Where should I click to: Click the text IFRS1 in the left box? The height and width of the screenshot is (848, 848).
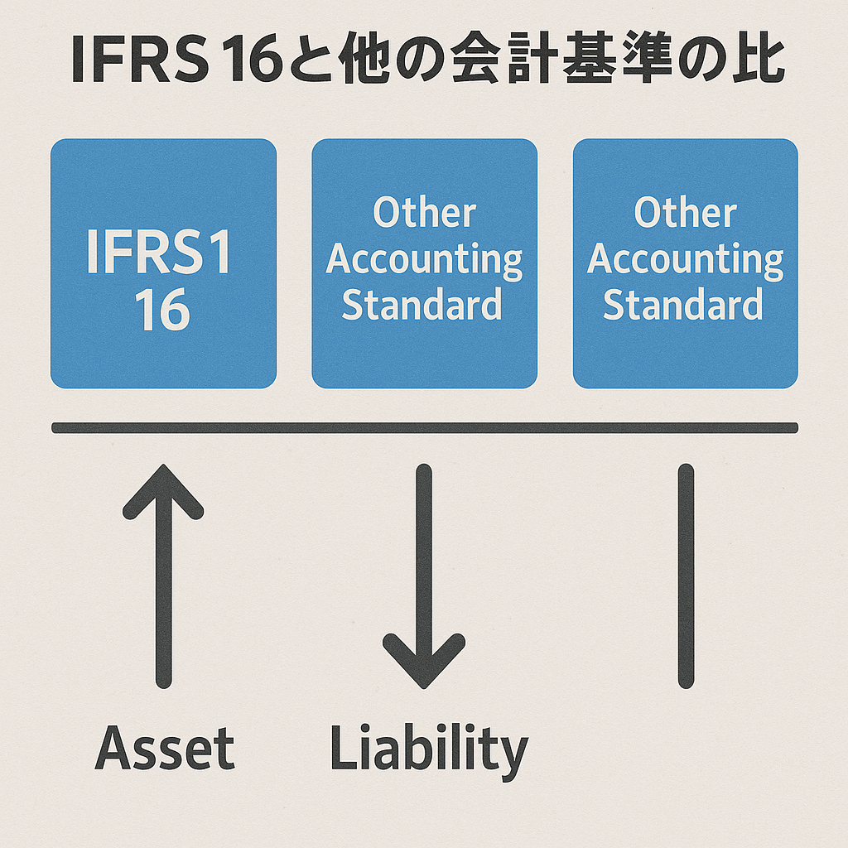160,254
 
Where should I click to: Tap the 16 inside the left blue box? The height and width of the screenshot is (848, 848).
162,311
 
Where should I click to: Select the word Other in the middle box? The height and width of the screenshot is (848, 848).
424,213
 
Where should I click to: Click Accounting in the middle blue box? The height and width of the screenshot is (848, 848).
424,260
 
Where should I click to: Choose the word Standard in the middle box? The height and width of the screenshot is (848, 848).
422,304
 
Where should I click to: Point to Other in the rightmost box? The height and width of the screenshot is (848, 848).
685,213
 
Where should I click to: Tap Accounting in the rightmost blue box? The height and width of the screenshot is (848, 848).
685,260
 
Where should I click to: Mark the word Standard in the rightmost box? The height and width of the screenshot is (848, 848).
683,304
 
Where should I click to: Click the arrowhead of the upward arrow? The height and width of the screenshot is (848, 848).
163,489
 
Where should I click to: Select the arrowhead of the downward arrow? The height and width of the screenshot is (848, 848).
424,662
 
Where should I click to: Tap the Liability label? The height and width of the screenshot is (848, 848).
428,749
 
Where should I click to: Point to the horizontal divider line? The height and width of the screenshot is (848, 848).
424,428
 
